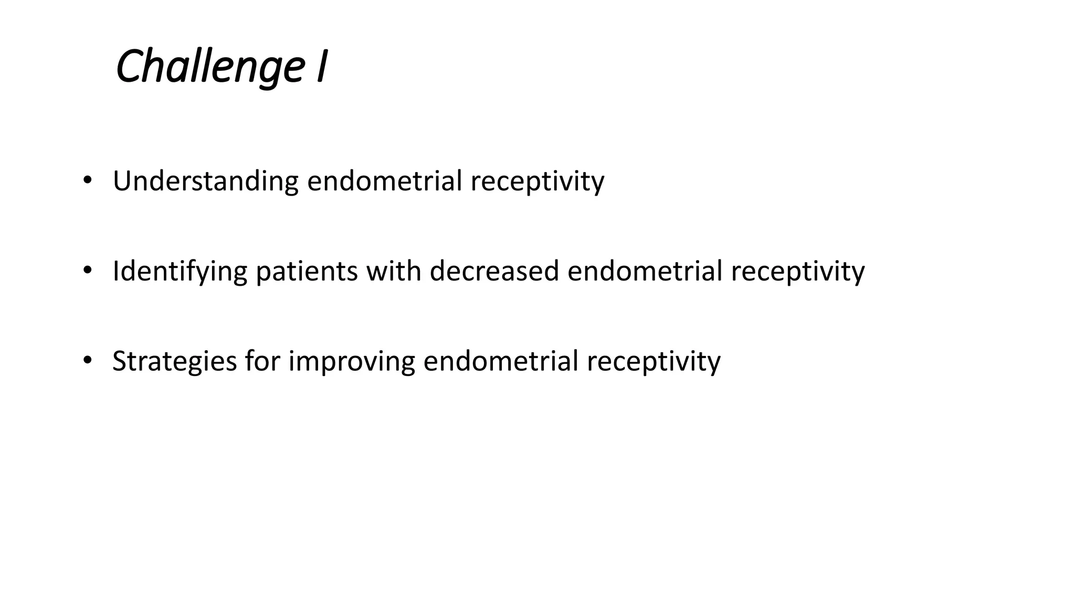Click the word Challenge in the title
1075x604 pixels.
(210, 67)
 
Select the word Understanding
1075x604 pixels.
(206, 181)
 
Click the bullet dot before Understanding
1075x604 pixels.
(87, 180)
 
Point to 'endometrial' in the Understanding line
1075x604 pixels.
(385, 181)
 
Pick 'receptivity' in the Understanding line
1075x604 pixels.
(537, 182)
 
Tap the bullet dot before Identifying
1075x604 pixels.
(87, 271)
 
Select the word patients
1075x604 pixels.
(307, 272)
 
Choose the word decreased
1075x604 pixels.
(494, 271)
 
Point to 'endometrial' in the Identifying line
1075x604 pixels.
(645, 271)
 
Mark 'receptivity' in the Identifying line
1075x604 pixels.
(797, 272)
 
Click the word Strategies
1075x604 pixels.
(174, 362)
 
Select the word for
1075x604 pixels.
(262, 361)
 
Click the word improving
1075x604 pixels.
(352, 362)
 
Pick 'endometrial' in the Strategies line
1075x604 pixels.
(501, 361)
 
